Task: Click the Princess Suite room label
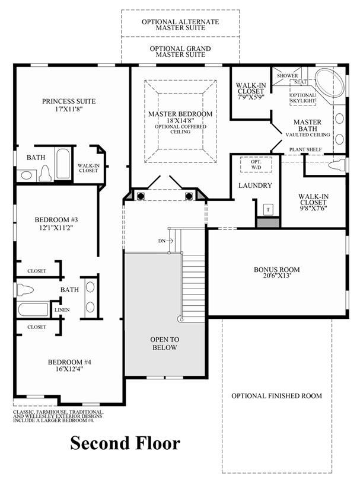(69, 101)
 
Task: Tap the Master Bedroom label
(180, 114)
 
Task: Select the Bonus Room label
(276, 270)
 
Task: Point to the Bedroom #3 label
(56, 220)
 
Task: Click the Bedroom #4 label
(69, 362)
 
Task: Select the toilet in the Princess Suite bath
(46, 173)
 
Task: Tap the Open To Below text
(165, 344)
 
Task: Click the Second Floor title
(125, 443)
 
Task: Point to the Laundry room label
(255, 185)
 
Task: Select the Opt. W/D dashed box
(256, 165)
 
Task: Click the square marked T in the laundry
(268, 210)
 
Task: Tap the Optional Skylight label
(302, 98)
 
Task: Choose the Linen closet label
(62, 310)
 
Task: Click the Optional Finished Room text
(276, 396)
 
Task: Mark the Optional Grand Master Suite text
(180, 52)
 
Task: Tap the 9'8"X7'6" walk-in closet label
(313, 209)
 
